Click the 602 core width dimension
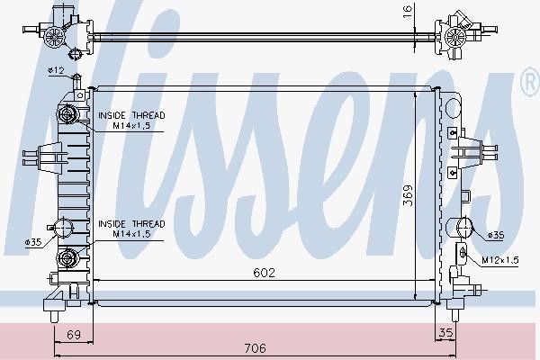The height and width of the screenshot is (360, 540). (264, 273)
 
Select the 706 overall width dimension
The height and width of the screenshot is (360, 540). (256, 348)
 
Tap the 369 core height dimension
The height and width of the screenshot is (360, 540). (408, 195)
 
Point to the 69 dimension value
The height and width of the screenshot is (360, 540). (74, 335)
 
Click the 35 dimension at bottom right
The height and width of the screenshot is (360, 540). (445, 333)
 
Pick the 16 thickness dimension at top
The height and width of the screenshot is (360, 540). (408, 12)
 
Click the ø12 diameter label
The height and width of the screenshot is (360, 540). (56, 70)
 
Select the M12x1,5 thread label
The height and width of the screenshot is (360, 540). (500, 260)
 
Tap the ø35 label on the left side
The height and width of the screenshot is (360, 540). (33, 242)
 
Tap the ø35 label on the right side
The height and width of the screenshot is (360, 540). (496, 235)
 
